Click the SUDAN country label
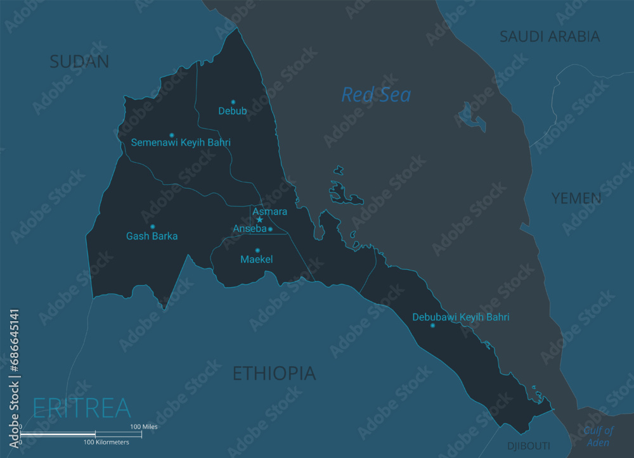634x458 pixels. [79, 61]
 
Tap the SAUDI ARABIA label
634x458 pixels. [549, 37]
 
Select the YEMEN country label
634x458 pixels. [576, 198]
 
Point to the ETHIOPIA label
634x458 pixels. [274, 373]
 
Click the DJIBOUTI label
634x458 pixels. [529, 446]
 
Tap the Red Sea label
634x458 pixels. [376, 95]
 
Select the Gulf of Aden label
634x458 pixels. [599, 436]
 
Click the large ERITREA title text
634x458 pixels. [81, 407]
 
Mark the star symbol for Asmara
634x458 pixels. [259, 220]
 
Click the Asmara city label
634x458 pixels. [269, 211]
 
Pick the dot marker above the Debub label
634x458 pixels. [233, 101]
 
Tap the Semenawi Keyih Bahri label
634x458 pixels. [181, 143]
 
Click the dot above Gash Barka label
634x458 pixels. [152, 226]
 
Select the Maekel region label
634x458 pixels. [257, 259]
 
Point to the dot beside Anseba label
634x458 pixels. [270, 229]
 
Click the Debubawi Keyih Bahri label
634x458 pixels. [460, 317]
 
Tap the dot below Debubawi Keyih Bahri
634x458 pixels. [432, 326]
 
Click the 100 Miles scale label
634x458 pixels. [144, 427]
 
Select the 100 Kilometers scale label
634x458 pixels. [107, 442]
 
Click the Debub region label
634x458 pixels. [233, 111]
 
